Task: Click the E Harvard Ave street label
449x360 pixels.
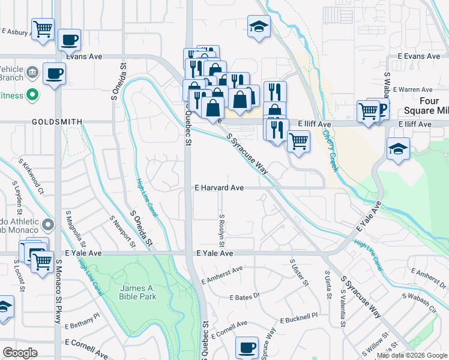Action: click(218, 188)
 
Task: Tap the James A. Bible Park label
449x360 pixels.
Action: click(139, 292)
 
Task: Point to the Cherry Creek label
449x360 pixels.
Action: click(331, 151)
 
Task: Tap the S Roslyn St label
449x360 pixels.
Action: click(221, 228)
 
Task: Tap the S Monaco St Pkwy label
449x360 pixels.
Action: click(59, 291)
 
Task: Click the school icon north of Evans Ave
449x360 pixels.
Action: click(259, 26)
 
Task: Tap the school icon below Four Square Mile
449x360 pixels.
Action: click(398, 149)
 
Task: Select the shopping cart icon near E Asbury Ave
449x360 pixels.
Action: click(43, 29)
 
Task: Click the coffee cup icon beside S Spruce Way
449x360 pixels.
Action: click(246, 348)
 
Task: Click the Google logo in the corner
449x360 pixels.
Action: click(20, 352)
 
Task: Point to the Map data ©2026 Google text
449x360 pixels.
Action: click(411, 355)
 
